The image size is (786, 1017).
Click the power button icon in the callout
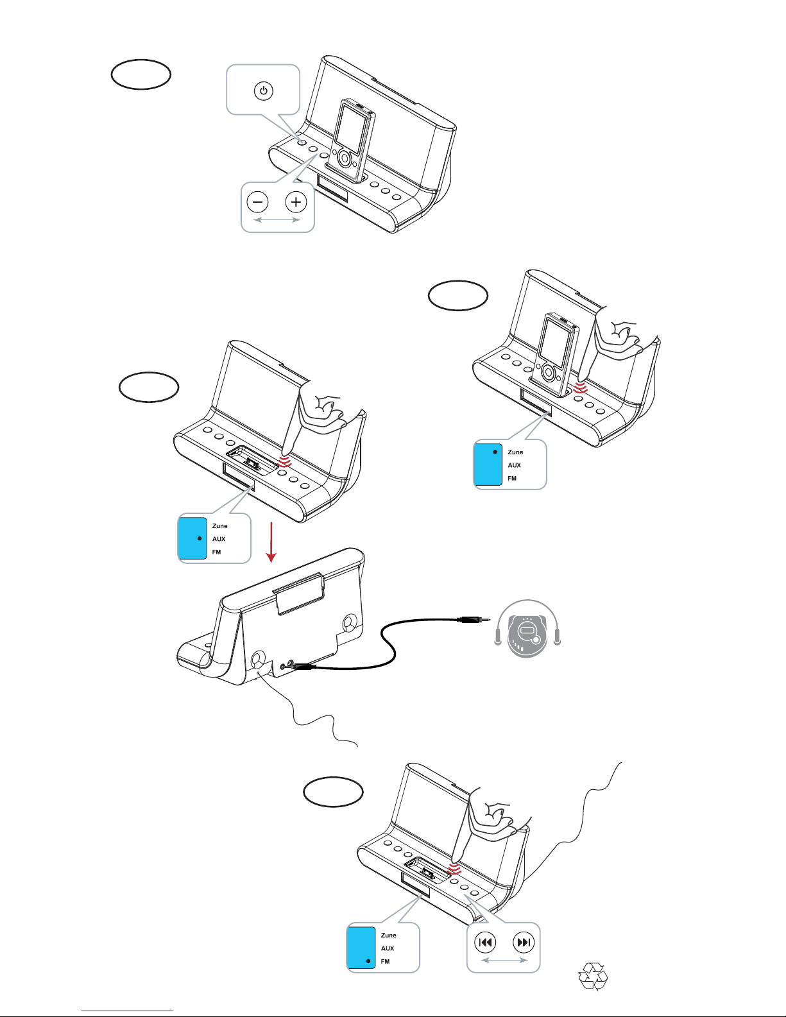click(x=264, y=90)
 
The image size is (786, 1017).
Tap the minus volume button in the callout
click(x=257, y=201)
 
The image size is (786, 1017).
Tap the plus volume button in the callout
click(x=296, y=201)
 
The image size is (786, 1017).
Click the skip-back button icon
click(x=485, y=942)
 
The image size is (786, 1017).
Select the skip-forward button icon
click(x=524, y=942)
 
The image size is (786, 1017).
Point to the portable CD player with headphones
click(x=527, y=629)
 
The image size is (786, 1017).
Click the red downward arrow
click(x=271, y=542)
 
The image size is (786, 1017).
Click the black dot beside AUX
click(x=200, y=538)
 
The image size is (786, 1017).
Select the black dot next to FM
click(x=368, y=961)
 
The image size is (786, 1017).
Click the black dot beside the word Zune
click(x=495, y=452)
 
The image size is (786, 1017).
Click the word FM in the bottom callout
click(x=385, y=961)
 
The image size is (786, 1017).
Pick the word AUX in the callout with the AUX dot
click(x=219, y=539)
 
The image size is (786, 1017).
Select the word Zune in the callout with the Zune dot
click(x=516, y=452)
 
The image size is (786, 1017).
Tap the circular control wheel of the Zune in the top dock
click(x=345, y=158)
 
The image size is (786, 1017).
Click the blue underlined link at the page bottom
click(x=127, y=1011)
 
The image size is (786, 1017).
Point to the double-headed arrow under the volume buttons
click(x=277, y=219)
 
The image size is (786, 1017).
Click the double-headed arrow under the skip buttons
click(x=504, y=960)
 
